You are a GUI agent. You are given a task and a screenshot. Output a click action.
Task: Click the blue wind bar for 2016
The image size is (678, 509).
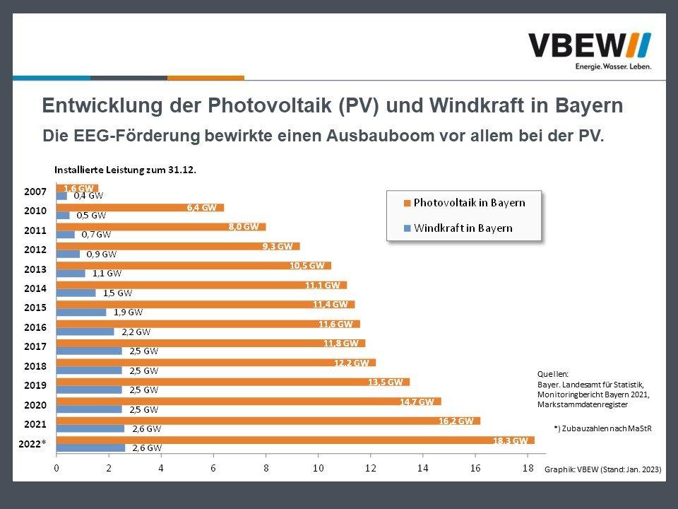pyautogui.click(x=85, y=332)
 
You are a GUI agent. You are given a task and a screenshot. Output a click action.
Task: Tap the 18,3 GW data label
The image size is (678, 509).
pyautogui.click(x=510, y=440)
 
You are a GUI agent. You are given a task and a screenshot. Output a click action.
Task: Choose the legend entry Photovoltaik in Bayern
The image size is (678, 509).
pyautogui.click(x=469, y=203)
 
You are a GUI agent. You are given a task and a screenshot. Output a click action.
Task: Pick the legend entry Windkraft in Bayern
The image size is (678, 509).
pyautogui.click(x=463, y=228)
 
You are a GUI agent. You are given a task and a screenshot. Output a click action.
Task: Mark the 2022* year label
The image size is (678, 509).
pyautogui.click(x=32, y=443)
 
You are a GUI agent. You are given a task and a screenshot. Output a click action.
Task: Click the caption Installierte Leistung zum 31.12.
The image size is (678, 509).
pyautogui.click(x=125, y=170)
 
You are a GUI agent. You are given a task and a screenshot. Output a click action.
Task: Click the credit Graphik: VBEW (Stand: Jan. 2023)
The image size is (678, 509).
pyautogui.click(x=603, y=469)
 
